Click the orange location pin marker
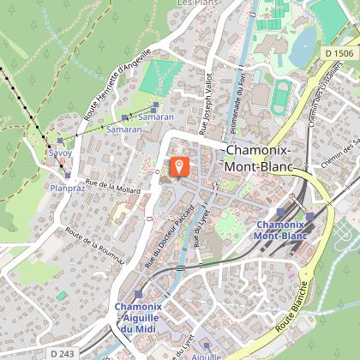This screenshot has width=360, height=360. click(x=179, y=165)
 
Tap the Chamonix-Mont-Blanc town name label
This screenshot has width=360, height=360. click(x=257, y=159)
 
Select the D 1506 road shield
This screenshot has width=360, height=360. click(x=338, y=53)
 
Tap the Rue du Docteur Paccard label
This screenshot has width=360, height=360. click(x=169, y=241)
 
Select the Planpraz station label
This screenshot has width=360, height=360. click(x=66, y=187)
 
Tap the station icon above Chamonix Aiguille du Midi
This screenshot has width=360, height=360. click(x=139, y=294)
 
